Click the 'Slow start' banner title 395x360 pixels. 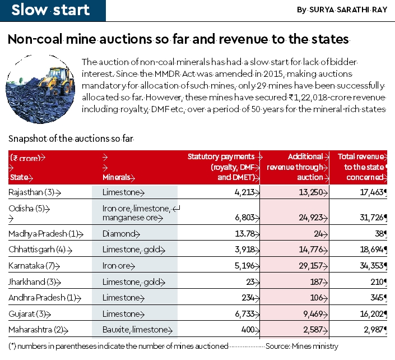(50, 10)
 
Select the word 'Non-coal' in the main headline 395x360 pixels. (35, 39)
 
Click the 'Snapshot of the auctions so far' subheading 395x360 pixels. (72, 138)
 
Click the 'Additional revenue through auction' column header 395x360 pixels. (295, 167)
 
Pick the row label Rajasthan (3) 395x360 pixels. (34, 192)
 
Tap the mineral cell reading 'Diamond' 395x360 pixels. (119, 233)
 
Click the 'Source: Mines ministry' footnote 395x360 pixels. (302, 346)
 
